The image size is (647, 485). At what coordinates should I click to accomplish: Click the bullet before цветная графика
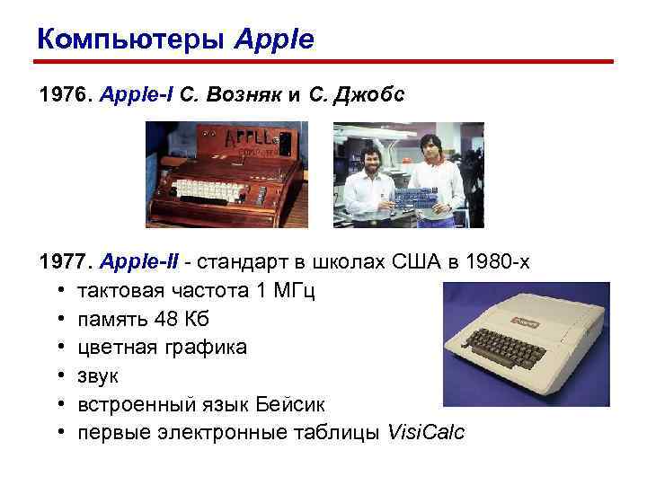58,348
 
